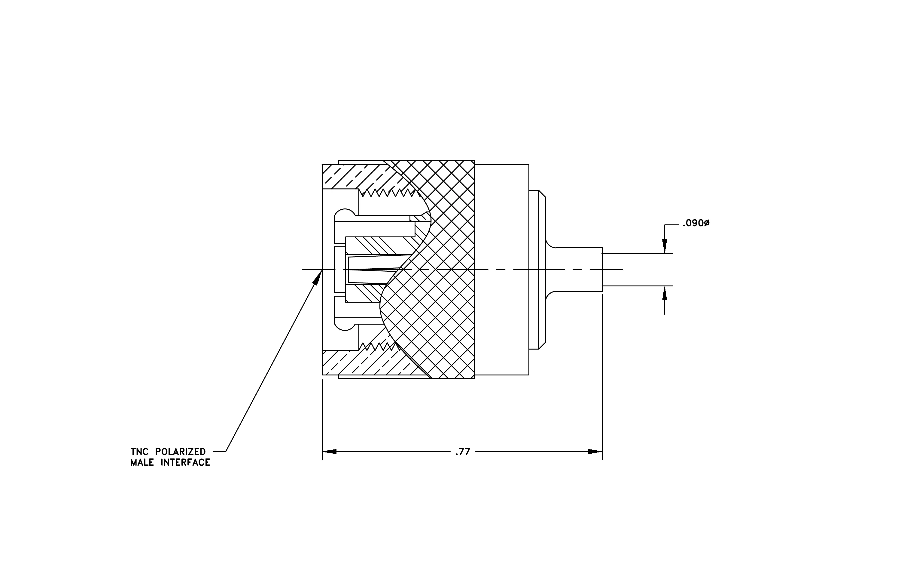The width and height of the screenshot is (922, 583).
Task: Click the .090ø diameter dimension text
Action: tap(696, 223)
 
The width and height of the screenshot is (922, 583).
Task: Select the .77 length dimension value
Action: tap(463, 452)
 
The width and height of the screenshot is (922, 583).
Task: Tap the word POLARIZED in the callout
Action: tap(180, 452)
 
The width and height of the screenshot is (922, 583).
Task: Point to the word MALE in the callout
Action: tap(142, 463)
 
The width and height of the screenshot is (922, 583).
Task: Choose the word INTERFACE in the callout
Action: tap(185, 463)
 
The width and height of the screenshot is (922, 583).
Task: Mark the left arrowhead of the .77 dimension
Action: tap(329, 452)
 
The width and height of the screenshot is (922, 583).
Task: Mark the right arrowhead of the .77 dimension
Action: tap(595, 452)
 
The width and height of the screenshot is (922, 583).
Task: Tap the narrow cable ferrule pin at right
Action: tap(574, 270)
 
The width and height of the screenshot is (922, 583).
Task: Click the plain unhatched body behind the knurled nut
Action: tap(502, 270)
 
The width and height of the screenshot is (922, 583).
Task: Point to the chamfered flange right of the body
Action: tap(537, 270)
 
